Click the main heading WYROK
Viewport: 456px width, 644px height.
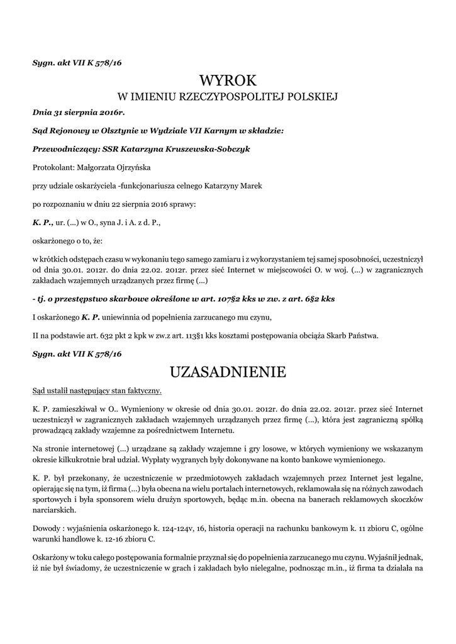coord(228,80)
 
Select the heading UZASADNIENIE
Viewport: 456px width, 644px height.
coord(228,372)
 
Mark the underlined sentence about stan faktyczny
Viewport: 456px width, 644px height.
coord(97,391)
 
